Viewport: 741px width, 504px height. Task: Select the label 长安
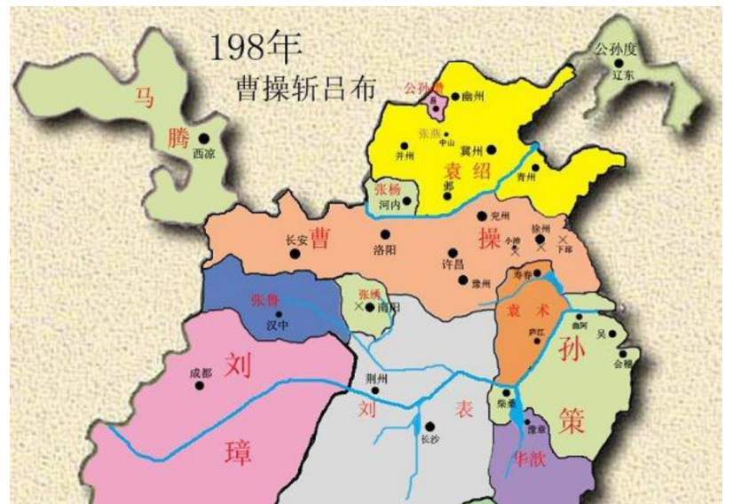[296, 240]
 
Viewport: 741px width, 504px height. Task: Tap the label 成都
[201, 374]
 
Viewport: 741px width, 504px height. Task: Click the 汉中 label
[279, 327]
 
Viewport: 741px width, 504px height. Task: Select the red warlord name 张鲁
[266, 299]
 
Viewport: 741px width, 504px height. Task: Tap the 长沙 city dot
[430, 427]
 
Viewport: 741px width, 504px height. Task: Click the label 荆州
[377, 379]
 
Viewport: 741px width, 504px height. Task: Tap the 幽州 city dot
[455, 97]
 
